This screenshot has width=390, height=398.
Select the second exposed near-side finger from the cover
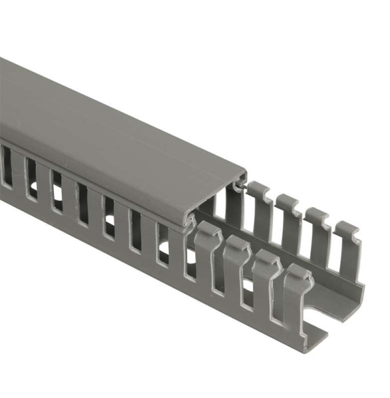pyautogui.click(x=237, y=269)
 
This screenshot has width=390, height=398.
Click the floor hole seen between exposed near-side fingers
pyautogui.click(x=248, y=287)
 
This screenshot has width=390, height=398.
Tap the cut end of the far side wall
pyautogui.click(x=361, y=292)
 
